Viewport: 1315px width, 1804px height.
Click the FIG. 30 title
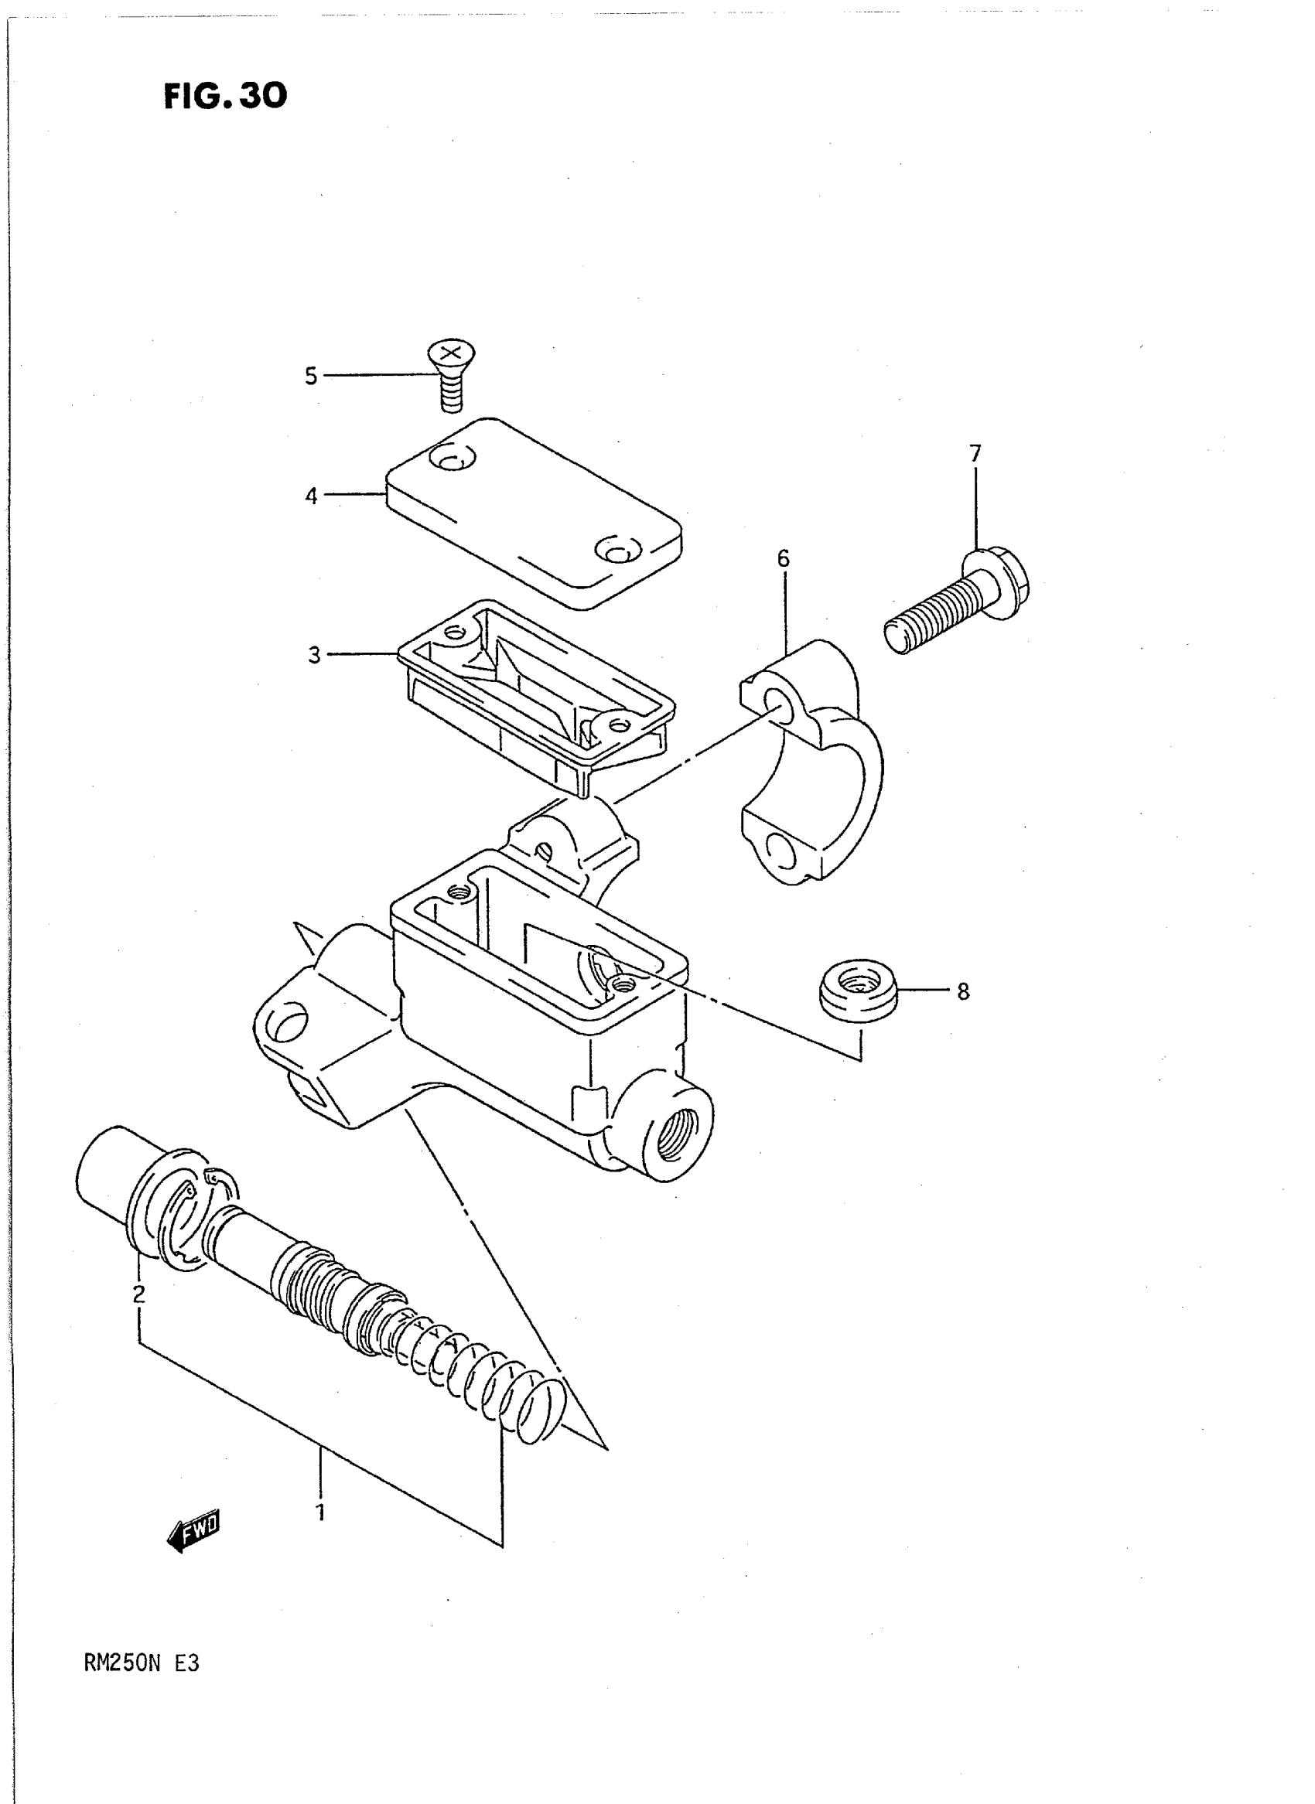225,97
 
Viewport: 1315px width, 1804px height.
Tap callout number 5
311,376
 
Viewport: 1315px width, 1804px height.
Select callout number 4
311,496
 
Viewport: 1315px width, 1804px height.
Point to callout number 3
314,655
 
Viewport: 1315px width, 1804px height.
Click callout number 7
975,453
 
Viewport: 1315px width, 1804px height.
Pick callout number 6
784,558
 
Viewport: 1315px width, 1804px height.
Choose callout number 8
963,991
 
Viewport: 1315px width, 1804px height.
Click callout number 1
321,1512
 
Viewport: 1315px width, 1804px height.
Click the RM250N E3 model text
142,1664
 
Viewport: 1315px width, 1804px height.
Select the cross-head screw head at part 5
451,354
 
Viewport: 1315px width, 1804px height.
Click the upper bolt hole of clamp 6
776,701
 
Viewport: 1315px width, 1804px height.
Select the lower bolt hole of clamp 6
779,854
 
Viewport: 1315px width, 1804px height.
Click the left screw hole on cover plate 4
450,459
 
